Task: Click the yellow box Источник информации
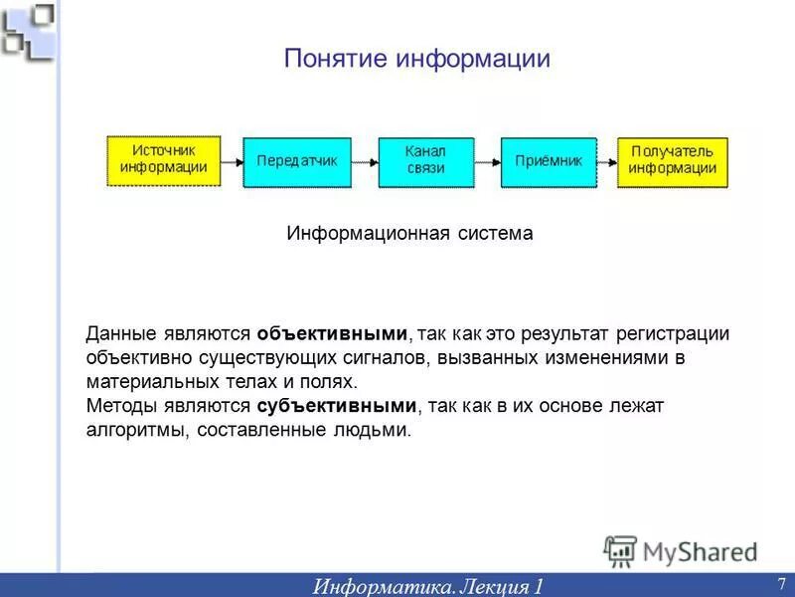(164, 160)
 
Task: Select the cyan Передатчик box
(297, 161)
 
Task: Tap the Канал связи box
(426, 161)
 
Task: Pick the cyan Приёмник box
(548, 161)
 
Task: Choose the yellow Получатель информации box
(672, 161)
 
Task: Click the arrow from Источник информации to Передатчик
(232, 161)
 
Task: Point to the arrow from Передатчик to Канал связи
(365, 161)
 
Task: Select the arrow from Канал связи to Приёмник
(487, 161)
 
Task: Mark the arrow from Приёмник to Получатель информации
(606, 161)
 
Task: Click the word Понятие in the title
(336, 59)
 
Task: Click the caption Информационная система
(409, 234)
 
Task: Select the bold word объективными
(332, 334)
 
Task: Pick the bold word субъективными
(337, 406)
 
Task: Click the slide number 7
(780, 583)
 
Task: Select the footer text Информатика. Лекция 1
(428, 585)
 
